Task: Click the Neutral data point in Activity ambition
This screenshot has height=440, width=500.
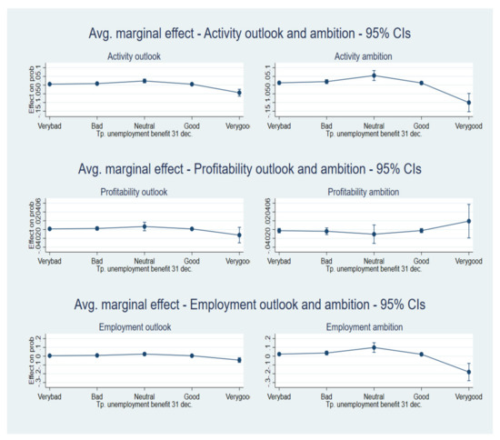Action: tap(374, 75)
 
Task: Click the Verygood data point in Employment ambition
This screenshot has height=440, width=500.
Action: tap(469, 372)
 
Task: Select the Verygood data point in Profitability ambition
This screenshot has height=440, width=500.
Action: tap(469, 221)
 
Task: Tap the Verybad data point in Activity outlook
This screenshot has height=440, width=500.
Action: tap(49, 85)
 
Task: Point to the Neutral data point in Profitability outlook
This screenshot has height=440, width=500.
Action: tap(145, 226)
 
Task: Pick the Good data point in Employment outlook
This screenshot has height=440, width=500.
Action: tap(192, 355)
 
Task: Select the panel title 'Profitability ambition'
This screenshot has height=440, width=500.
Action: tap(374, 192)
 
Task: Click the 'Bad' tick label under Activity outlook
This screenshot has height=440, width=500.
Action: tap(96, 125)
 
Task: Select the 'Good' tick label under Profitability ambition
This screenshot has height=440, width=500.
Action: tap(421, 261)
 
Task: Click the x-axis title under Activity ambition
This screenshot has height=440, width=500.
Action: tap(374, 133)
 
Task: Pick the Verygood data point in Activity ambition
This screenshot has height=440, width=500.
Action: tap(469, 103)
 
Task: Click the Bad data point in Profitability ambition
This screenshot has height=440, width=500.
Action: tap(325, 231)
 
